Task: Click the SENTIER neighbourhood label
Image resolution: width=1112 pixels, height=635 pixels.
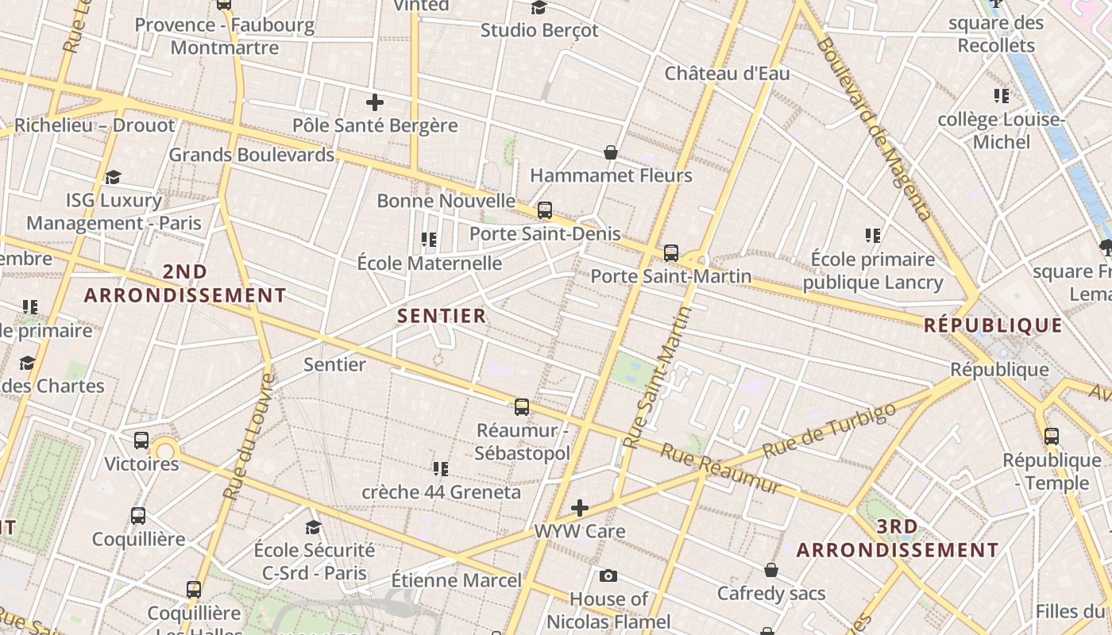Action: coord(441,316)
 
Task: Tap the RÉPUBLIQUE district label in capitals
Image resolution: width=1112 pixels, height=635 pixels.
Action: coord(993,325)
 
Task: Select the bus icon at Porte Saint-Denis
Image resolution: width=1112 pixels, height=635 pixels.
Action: coord(545,210)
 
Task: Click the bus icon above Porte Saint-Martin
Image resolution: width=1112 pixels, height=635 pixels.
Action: coord(671,253)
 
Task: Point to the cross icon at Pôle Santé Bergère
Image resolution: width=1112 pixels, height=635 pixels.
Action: coord(375,102)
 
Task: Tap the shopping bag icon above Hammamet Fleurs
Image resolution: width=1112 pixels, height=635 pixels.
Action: coord(611,152)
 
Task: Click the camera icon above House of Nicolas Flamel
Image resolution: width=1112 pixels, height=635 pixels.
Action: coord(608,575)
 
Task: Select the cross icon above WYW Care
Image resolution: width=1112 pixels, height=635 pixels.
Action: coord(580,508)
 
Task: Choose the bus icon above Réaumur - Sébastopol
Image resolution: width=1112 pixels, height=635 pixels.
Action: coord(522,407)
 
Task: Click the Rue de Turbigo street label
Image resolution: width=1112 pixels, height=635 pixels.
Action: coord(829,429)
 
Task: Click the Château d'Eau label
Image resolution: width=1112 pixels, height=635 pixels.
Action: coord(727,74)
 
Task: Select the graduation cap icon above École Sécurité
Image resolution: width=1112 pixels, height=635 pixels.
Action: coord(314,528)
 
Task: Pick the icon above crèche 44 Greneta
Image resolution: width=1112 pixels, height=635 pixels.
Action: coord(440,469)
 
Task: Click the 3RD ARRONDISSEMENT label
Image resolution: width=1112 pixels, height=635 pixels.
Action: coord(898,538)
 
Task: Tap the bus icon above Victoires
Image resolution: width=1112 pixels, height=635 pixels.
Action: coord(141,440)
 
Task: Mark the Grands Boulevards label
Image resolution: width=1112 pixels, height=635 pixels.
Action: coord(251,155)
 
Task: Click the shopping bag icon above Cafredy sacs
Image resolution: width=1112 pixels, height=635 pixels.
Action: coord(770,570)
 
